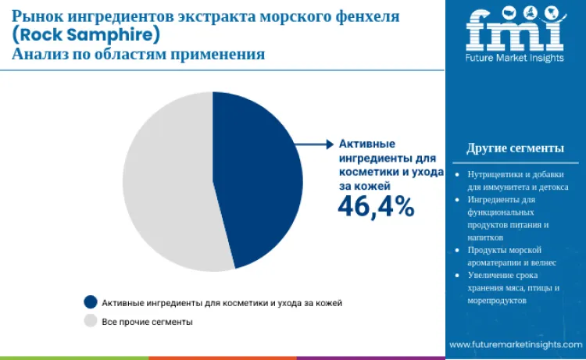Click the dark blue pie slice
(258, 180)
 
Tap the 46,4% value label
(375, 205)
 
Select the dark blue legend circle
(90, 301)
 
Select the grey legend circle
(90, 321)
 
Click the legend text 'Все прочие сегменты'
(147, 321)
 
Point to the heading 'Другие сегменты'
(515, 148)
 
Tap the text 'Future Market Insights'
(515, 59)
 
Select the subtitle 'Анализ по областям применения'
(138, 55)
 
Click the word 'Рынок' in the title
(39, 15)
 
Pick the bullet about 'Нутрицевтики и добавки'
(517, 181)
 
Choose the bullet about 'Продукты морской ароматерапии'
(513, 256)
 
